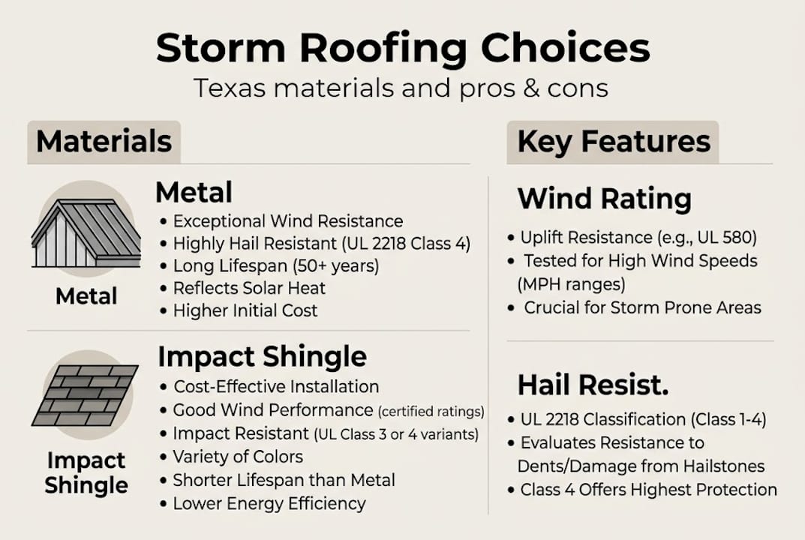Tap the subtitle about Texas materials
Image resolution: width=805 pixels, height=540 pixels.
point(401,88)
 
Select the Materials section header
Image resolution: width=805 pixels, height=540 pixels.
point(104,141)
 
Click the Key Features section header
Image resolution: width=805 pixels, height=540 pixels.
point(613,141)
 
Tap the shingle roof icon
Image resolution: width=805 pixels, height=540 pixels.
point(85,395)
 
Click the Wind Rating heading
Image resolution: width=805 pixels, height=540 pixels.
point(604,199)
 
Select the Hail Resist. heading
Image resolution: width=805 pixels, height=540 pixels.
point(593,385)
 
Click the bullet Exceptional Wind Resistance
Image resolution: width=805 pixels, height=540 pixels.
point(288,221)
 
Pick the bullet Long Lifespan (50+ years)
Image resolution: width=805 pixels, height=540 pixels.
point(276,265)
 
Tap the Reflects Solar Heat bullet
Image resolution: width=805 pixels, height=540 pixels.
point(249,288)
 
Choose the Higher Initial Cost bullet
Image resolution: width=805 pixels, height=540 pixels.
point(245,310)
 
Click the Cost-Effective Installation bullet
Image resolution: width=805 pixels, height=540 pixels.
point(276,387)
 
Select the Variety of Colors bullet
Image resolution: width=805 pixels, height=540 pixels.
point(238,457)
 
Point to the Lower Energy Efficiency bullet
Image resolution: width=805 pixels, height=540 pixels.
point(269,503)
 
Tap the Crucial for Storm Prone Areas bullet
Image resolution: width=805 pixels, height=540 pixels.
point(642,307)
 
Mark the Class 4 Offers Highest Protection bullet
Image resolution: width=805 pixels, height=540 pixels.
point(649,490)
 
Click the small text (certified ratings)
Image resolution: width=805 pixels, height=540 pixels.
point(431,412)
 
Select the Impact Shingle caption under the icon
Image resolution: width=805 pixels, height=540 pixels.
point(86,472)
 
